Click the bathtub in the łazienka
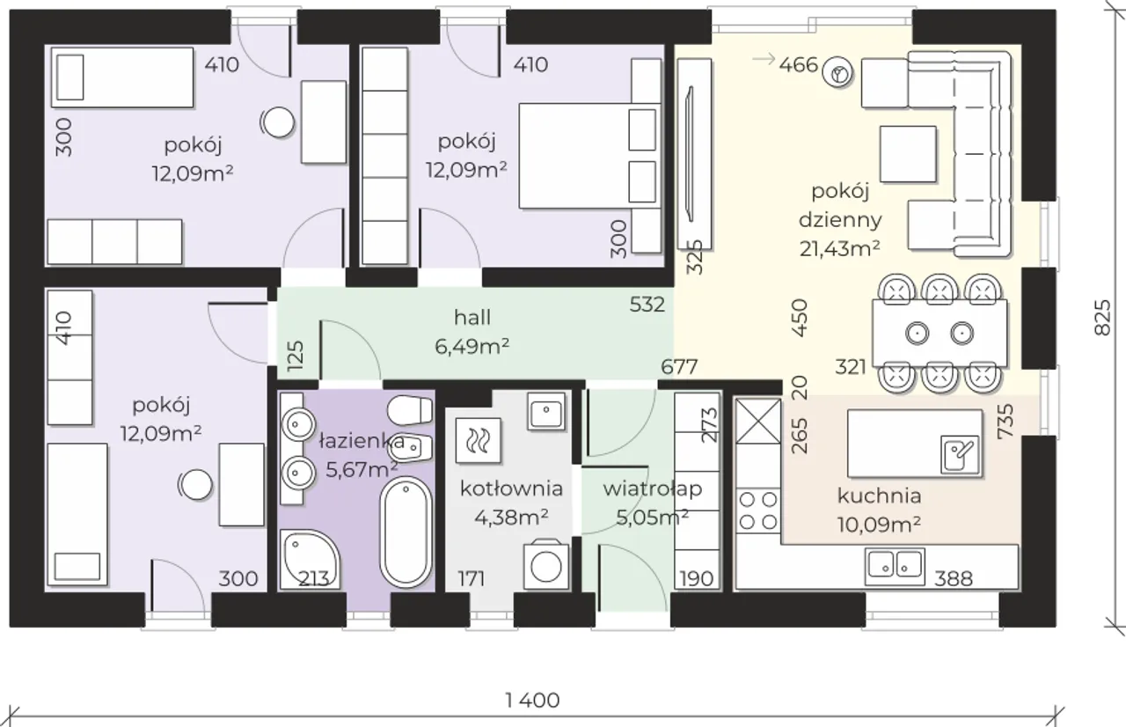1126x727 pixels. coord(406,532)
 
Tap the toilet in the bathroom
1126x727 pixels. coord(410,411)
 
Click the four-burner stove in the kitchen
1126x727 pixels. coord(758,510)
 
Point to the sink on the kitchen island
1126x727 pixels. coord(960,453)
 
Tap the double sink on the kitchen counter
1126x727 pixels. coord(895,567)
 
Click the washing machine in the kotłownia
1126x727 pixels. coord(546,565)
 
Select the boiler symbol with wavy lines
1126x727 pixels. coord(478,440)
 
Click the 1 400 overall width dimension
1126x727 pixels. coord(532,700)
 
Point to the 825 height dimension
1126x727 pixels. coord(1102,317)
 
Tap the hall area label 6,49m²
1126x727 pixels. coord(472,346)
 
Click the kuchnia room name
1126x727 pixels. coord(879,496)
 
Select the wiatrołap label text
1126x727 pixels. coord(653,488)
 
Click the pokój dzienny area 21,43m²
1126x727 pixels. coord(839,248)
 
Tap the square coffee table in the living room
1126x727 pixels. coord(908,154)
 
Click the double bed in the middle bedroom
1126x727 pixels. coord(589,156)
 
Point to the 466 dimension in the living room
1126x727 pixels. coord(799,65)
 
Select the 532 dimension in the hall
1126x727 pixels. coord(647,305)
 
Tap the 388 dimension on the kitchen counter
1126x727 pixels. coord(954,579)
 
